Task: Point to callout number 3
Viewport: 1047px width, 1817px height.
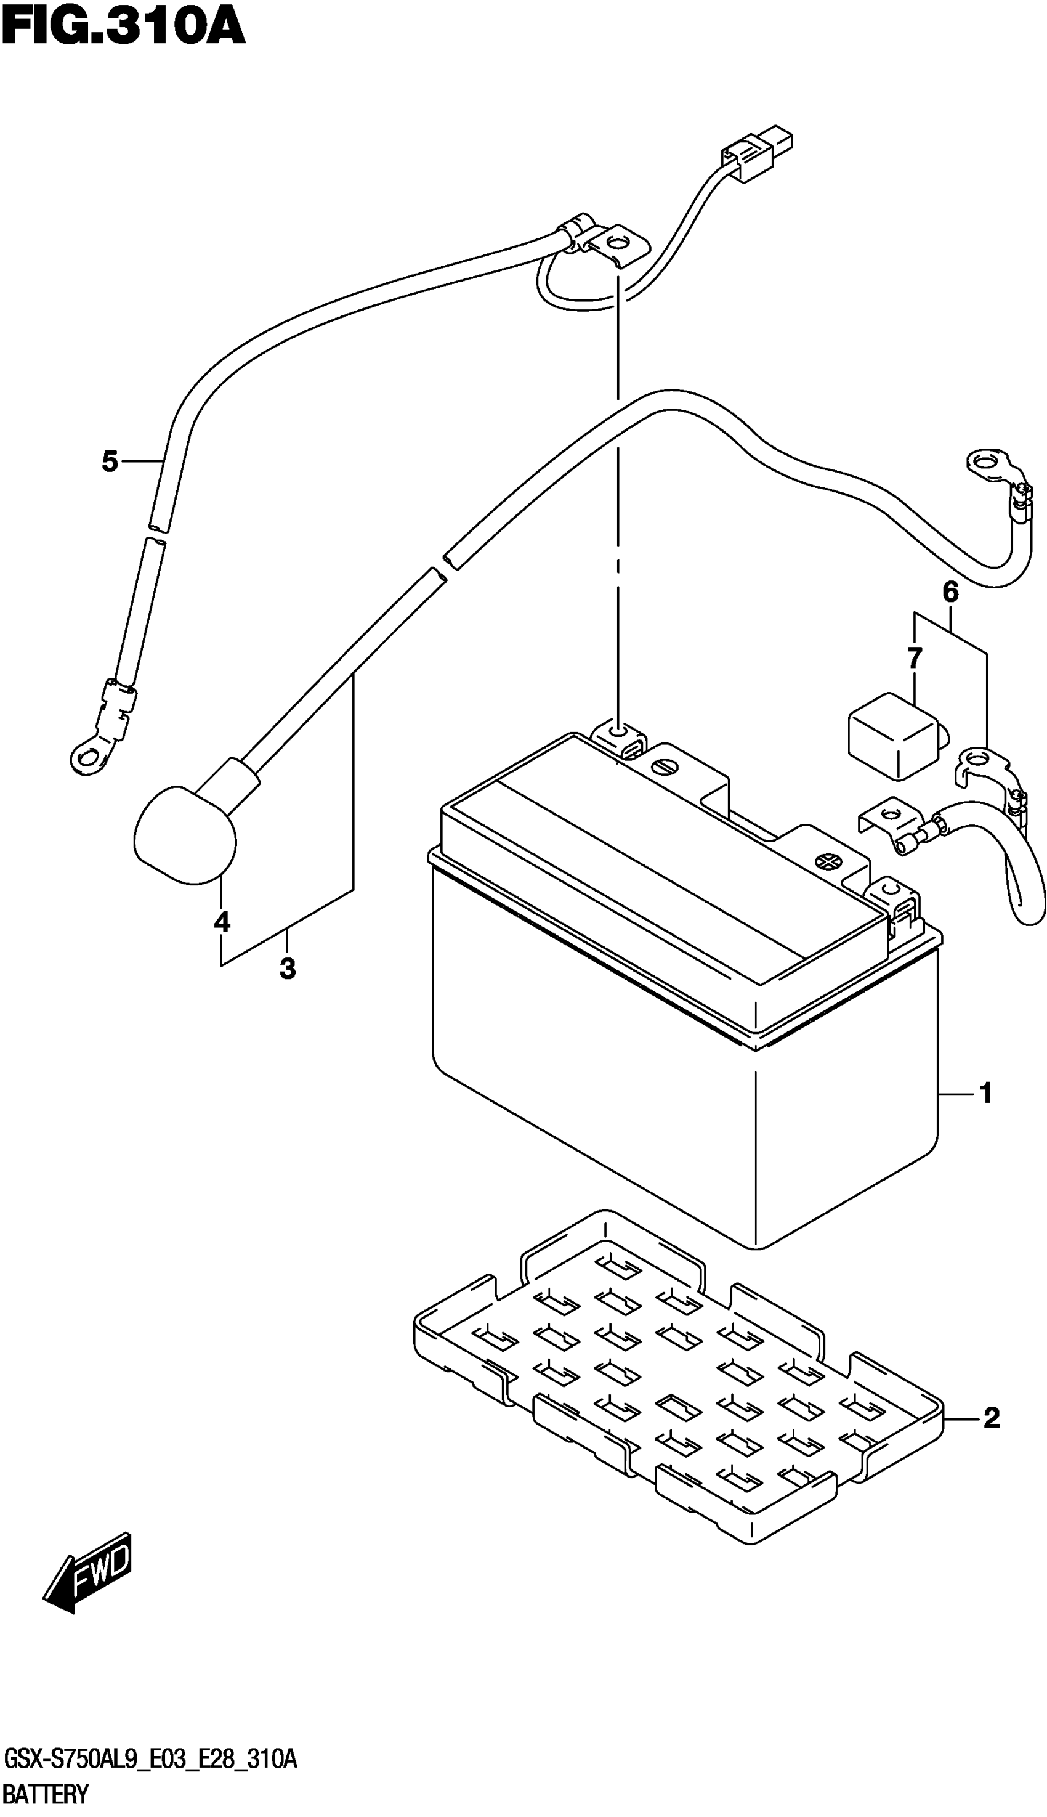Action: pyautogui.click(x=288, y=969)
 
